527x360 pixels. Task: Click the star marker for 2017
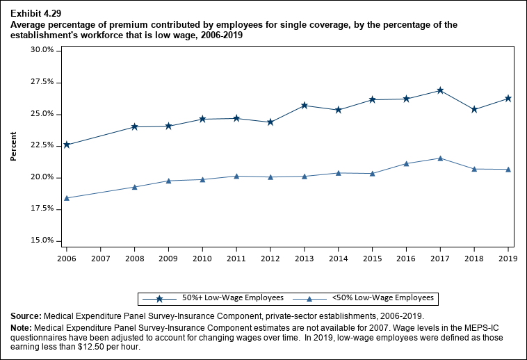click(x=440, y=90)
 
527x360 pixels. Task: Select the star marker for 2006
click(x=67, y=145)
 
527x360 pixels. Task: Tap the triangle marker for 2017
click(x=440, y=158)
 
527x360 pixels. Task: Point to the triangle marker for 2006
click(x=67, y=198)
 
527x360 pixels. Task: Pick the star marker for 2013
click(x=305, y=106)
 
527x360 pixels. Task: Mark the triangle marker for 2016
click(x=406, y=163)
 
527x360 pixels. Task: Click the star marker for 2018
click(x=474, y=109)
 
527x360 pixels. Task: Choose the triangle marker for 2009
click(x=168, y=181)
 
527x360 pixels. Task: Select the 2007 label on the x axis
click(x=100, y=259)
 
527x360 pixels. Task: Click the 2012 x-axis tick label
click(x=270, y=259)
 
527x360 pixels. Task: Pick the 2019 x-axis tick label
click(x=508, y=259)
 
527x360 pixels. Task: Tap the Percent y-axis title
click(x=14, y=145)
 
